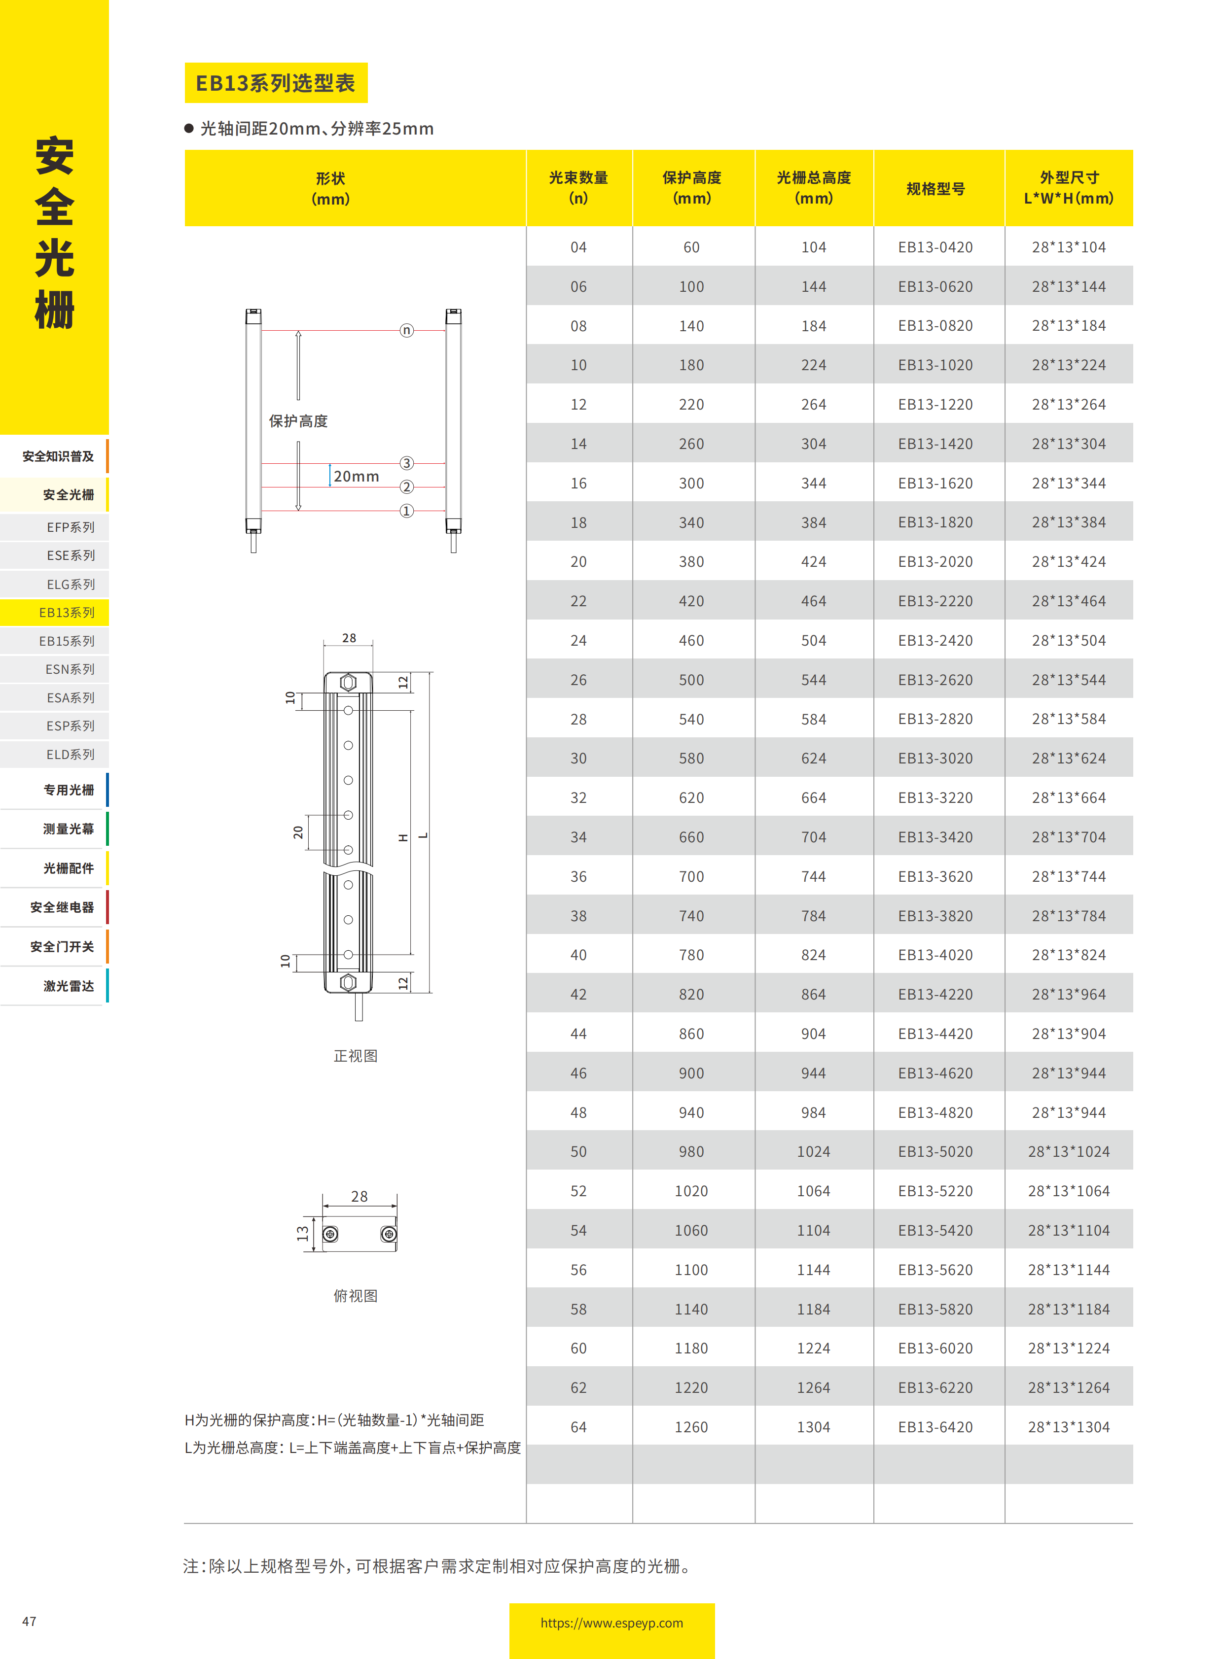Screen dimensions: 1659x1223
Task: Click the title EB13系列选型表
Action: click(x=275, y=83)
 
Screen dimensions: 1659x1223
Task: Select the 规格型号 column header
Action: click(x=936, y=189)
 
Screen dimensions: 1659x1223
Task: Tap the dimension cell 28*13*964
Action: click(x=1068, y=995)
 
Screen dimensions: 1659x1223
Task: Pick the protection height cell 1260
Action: click(x=691, y=1427)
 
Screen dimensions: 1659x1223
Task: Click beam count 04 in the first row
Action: click(x=578, y=247)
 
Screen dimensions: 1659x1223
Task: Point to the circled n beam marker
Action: click(x=406, y=330)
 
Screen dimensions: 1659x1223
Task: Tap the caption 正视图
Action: click(x=356, y=1056)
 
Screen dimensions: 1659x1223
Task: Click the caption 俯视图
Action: click(x=356, y=1296)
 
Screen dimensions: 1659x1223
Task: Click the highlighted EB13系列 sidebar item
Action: click(x=67, y=613)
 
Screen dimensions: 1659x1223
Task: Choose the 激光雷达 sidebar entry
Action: click(x=68, y=986)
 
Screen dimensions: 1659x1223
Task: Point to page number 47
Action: click(x=29, y=1621)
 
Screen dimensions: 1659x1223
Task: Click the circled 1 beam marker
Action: click(x=406, y=511)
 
